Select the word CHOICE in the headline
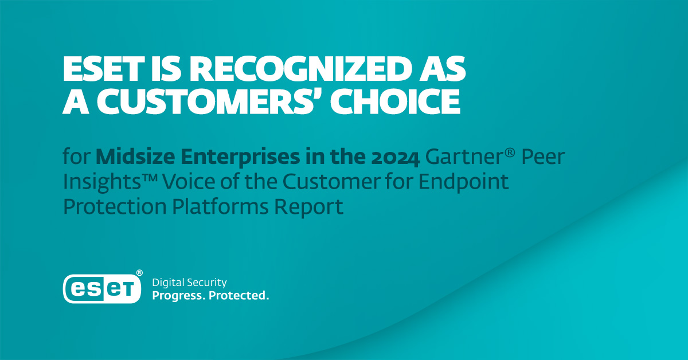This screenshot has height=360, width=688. click(395, 101)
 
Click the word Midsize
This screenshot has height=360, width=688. click(135, 156)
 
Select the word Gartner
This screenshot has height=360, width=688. click(465, 157)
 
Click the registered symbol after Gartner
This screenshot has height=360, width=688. click(510, 152)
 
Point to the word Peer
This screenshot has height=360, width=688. click(544, 157)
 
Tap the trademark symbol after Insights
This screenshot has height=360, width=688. click(150, 177)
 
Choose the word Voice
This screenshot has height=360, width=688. click(189, 182)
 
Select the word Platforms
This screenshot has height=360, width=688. click(220, 206)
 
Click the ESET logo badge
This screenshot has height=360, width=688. click(102, 289)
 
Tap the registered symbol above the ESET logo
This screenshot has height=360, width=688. click(139, 273)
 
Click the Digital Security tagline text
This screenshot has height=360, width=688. click(190, 283)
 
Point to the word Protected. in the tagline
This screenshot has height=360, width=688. click(239, 295)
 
